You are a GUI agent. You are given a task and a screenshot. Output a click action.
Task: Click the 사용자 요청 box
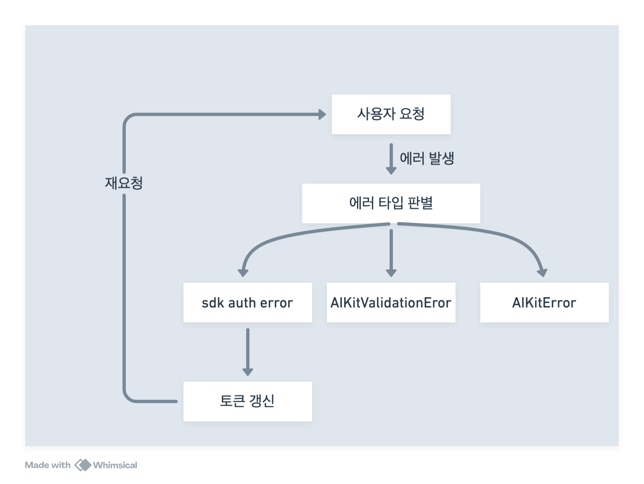pyautogui.click(x=391, y=114)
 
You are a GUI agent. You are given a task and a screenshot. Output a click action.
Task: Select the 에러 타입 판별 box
pyautogui.click(x=391, y=203)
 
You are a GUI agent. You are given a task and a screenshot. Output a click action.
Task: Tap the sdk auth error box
pyautogui.click(x=247, y=302)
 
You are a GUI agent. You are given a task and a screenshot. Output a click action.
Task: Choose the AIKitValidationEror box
pyautogui.click(x=391, y=302)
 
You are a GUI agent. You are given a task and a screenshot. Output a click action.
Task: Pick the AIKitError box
pyautogui.click(x=544, y=302)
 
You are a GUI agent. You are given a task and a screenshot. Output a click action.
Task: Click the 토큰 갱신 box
pyautogui.click(x=247, y=401)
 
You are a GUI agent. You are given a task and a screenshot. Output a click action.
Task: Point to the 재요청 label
pyautogui.click(x=124, y=183)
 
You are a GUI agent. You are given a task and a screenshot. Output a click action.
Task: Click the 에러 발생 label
pyautogui.click(x=427, y=158)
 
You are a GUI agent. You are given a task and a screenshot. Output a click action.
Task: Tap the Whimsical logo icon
pyautogui.click(x=82, y=465)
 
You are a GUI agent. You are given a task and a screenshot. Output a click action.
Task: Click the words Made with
pyautogui.click(x=48, y=465)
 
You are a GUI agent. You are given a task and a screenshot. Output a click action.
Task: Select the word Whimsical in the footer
pyautogui.click(x=115, y=465)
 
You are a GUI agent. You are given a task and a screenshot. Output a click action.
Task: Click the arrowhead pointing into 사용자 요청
pyautogui.click(x=322, y=114)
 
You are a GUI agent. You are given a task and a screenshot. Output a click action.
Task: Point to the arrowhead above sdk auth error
pyautogui.click(x=243, y=272)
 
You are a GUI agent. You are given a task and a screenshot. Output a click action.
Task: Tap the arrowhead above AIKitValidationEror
pyautogui.click(x=391, y=272)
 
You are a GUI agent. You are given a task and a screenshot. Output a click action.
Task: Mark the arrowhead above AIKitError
pyautogui.click(x=543, y=272)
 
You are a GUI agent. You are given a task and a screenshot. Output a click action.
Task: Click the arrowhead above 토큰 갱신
pyautogui.click(x=247, y=371)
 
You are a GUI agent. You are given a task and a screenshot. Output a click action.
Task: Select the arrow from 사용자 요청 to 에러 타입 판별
pyautogui.click(x=391, y=159)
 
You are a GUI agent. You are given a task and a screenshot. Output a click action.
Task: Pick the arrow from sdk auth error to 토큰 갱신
pyautogui.click(x=247, y=351)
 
